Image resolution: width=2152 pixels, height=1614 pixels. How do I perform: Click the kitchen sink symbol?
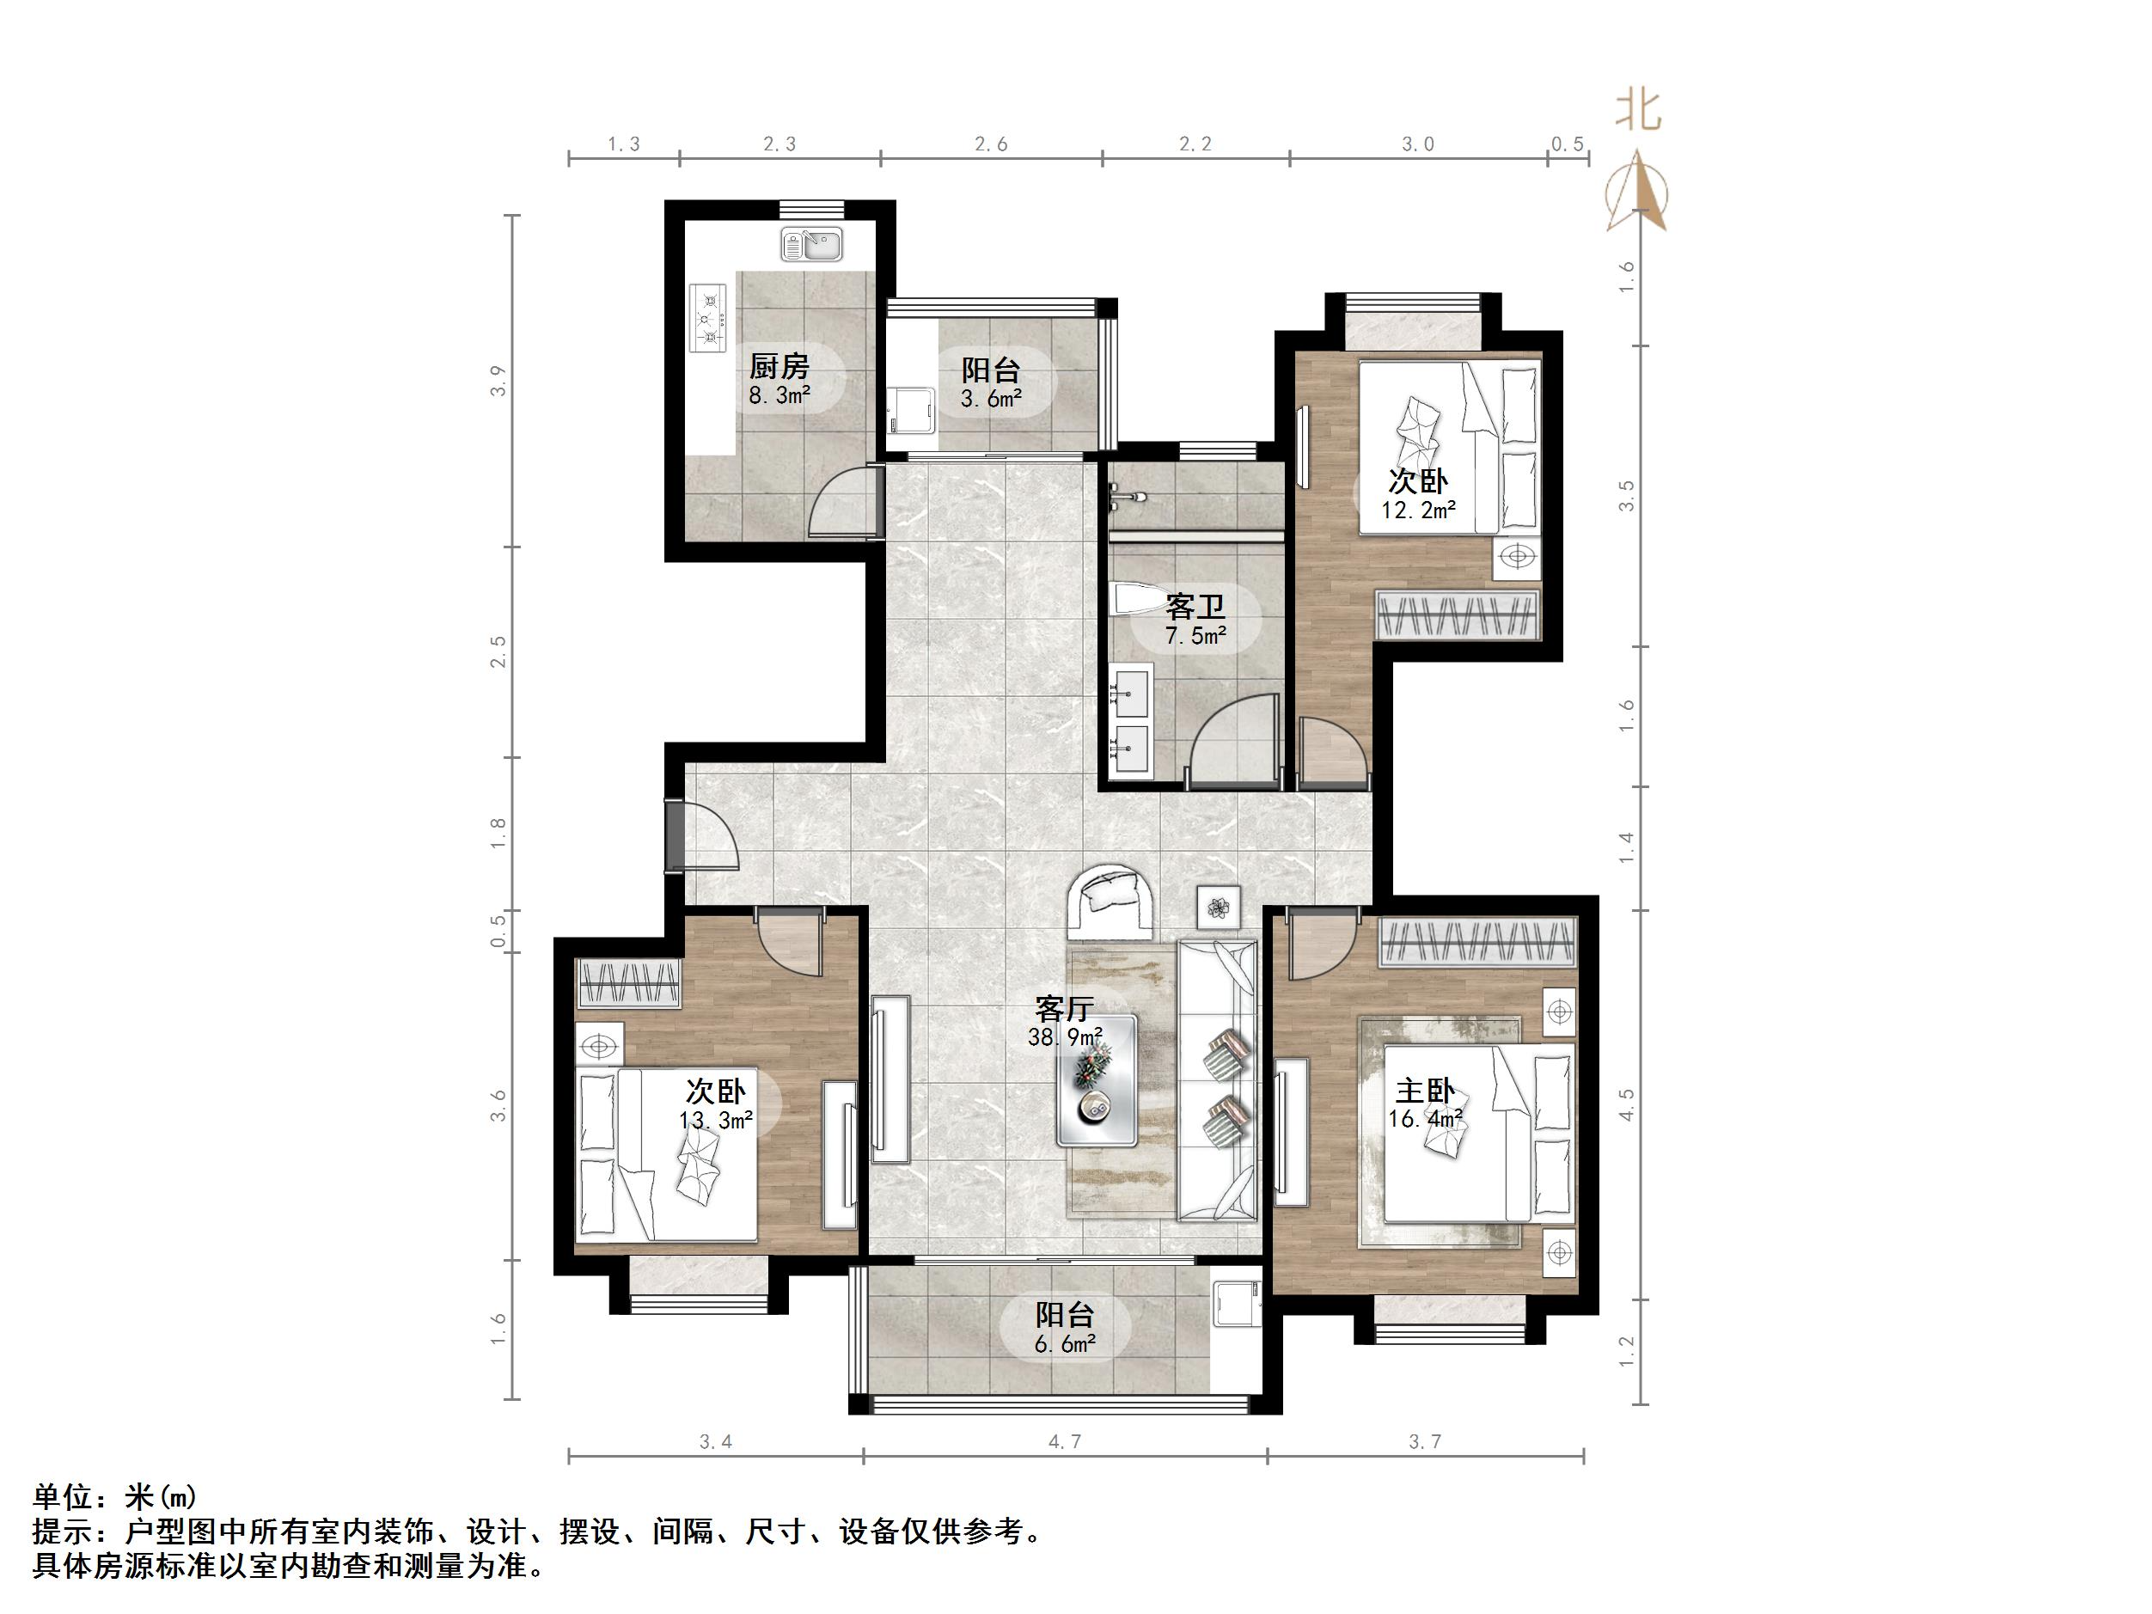[810, 244]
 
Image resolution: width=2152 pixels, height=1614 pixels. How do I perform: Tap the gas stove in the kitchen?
[708, 317]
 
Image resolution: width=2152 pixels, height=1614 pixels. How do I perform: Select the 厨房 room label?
[779, 367]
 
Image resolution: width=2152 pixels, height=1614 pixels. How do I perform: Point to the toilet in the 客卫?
[1132, 599]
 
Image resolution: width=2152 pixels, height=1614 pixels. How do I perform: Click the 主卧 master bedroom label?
[1424, 1091]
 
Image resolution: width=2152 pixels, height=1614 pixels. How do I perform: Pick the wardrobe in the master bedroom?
[1476, 942]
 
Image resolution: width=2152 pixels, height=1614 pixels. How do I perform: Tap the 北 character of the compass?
[1638, 110]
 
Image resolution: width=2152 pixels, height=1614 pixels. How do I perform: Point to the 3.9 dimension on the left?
[499, 381]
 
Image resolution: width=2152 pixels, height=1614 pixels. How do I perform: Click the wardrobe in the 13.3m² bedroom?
[628, 982]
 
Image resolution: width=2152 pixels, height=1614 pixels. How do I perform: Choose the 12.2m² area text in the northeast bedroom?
[1417, 509]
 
